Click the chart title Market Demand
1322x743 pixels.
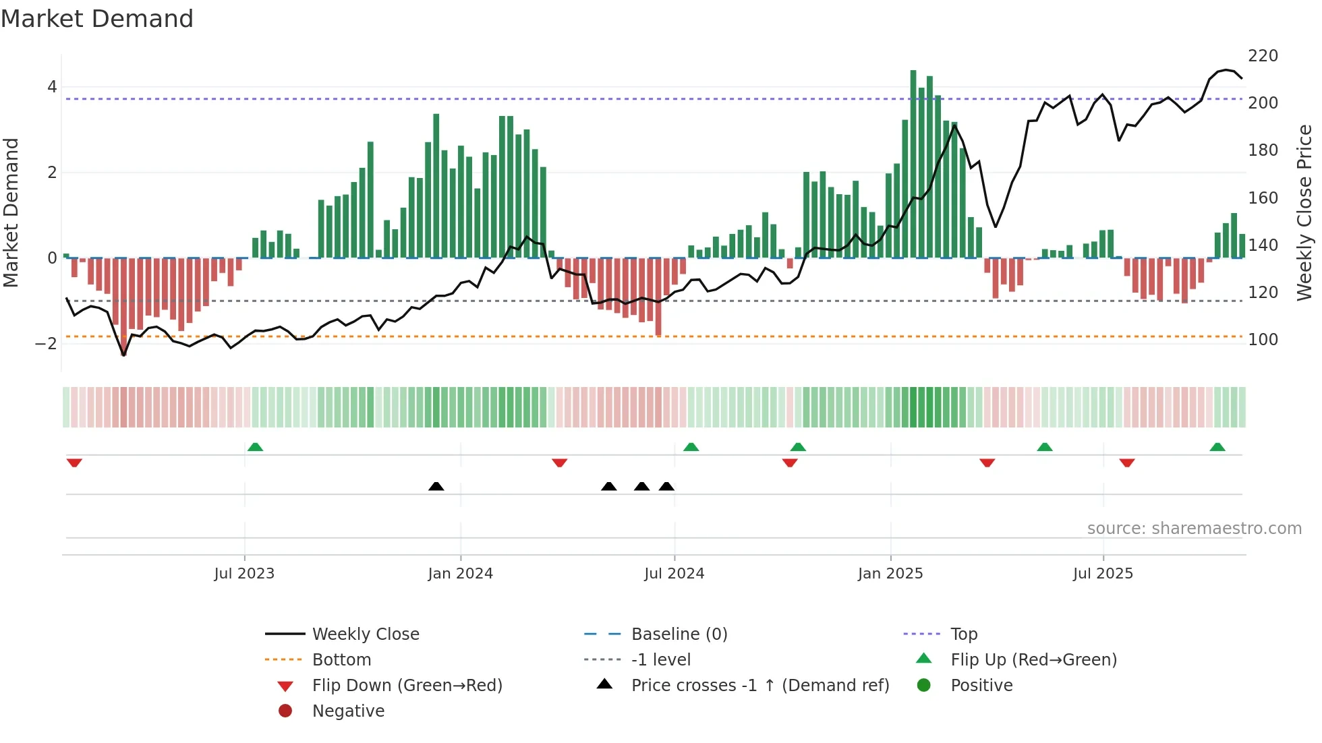click(x=97, y=19)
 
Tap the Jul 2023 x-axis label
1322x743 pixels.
click(x=244, y=574)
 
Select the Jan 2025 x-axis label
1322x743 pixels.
click(x=890, y=574)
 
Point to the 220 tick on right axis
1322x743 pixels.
click(x=1263, y=56)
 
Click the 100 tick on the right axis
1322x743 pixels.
click(x=1263, y=340)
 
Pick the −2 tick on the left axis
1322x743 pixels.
click(x=46, y=344)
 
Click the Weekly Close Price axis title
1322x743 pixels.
click(x=1304, y=212)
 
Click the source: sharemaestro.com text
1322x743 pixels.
click(x=1194, y=529)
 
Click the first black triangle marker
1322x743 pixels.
click(x=436, y=486)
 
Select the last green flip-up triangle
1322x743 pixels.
click(x=1217, y=447)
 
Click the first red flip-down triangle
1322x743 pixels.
click(x=74, y=463)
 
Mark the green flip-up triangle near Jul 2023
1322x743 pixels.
click(x=255, y=447)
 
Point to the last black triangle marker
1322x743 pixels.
click(x=666, y=486)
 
